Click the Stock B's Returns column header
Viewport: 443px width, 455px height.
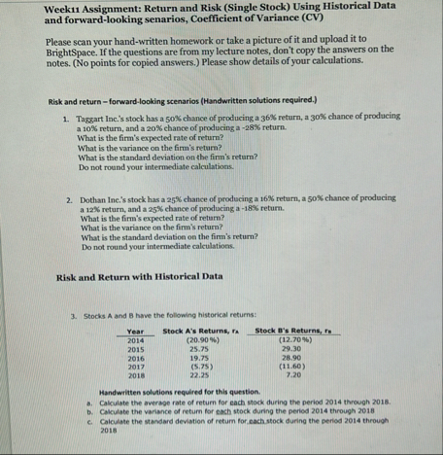[x=290, y=331]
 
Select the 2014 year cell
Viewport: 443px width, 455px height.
[x=135, y=339]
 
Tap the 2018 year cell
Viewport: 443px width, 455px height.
[x=135, y=372]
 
